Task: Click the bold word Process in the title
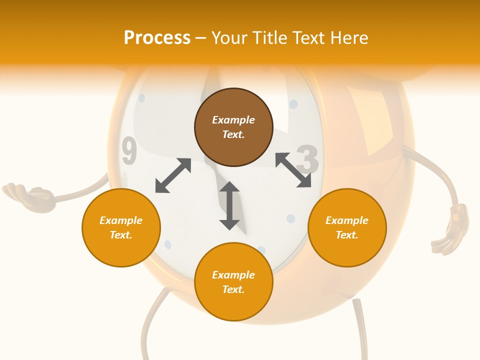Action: click(157, 38)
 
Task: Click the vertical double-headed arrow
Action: click(229, 205)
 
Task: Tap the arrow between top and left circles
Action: click(173, 175)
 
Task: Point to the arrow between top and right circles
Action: click(293, 170)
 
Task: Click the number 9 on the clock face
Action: click(129, 152)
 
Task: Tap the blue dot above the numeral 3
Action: click(293, 104)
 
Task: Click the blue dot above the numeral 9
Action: click(141, 98)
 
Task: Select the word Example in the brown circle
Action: click(233, 120)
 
